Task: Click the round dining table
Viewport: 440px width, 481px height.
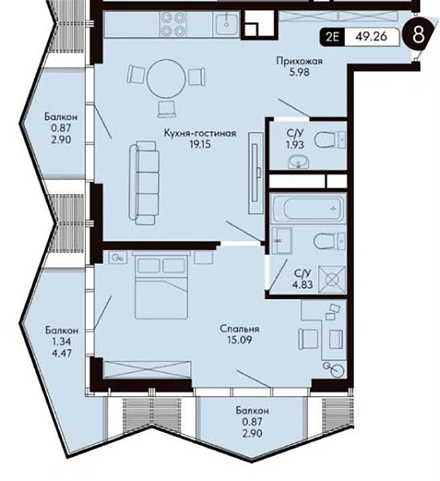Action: tap(167, 79)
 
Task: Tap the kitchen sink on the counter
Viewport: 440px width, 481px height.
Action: tap(226, 24)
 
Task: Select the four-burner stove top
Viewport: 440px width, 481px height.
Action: tap(172, 25)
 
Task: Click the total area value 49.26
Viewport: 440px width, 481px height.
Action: tap(371, 36)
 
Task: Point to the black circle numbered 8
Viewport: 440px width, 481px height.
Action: tap(419, 35)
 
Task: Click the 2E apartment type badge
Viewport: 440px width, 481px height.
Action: tap(333, 37)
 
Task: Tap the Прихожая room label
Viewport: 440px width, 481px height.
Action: tap(299, 61)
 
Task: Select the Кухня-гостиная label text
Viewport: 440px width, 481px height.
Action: tap(200, 133)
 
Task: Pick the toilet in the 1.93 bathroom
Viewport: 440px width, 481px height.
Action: tap(330, 140)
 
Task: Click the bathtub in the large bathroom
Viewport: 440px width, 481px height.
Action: tap(309, 209)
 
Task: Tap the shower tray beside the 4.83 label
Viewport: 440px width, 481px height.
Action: tap(333, 279)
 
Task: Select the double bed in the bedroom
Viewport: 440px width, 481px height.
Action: tap(161, 285)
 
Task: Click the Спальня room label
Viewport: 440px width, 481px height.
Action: tap(239, 329)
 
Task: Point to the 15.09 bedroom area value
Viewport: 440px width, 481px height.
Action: tap(240, 340)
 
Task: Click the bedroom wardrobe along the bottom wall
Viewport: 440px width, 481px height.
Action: tap(148, 369)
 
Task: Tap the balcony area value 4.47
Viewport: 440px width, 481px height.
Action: tap(62, 353)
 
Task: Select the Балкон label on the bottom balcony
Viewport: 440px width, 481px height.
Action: tap(252, 411)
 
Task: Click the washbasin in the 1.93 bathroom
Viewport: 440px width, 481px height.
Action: tap(298, 161)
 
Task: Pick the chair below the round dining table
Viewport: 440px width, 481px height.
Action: tap(167, 109)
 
